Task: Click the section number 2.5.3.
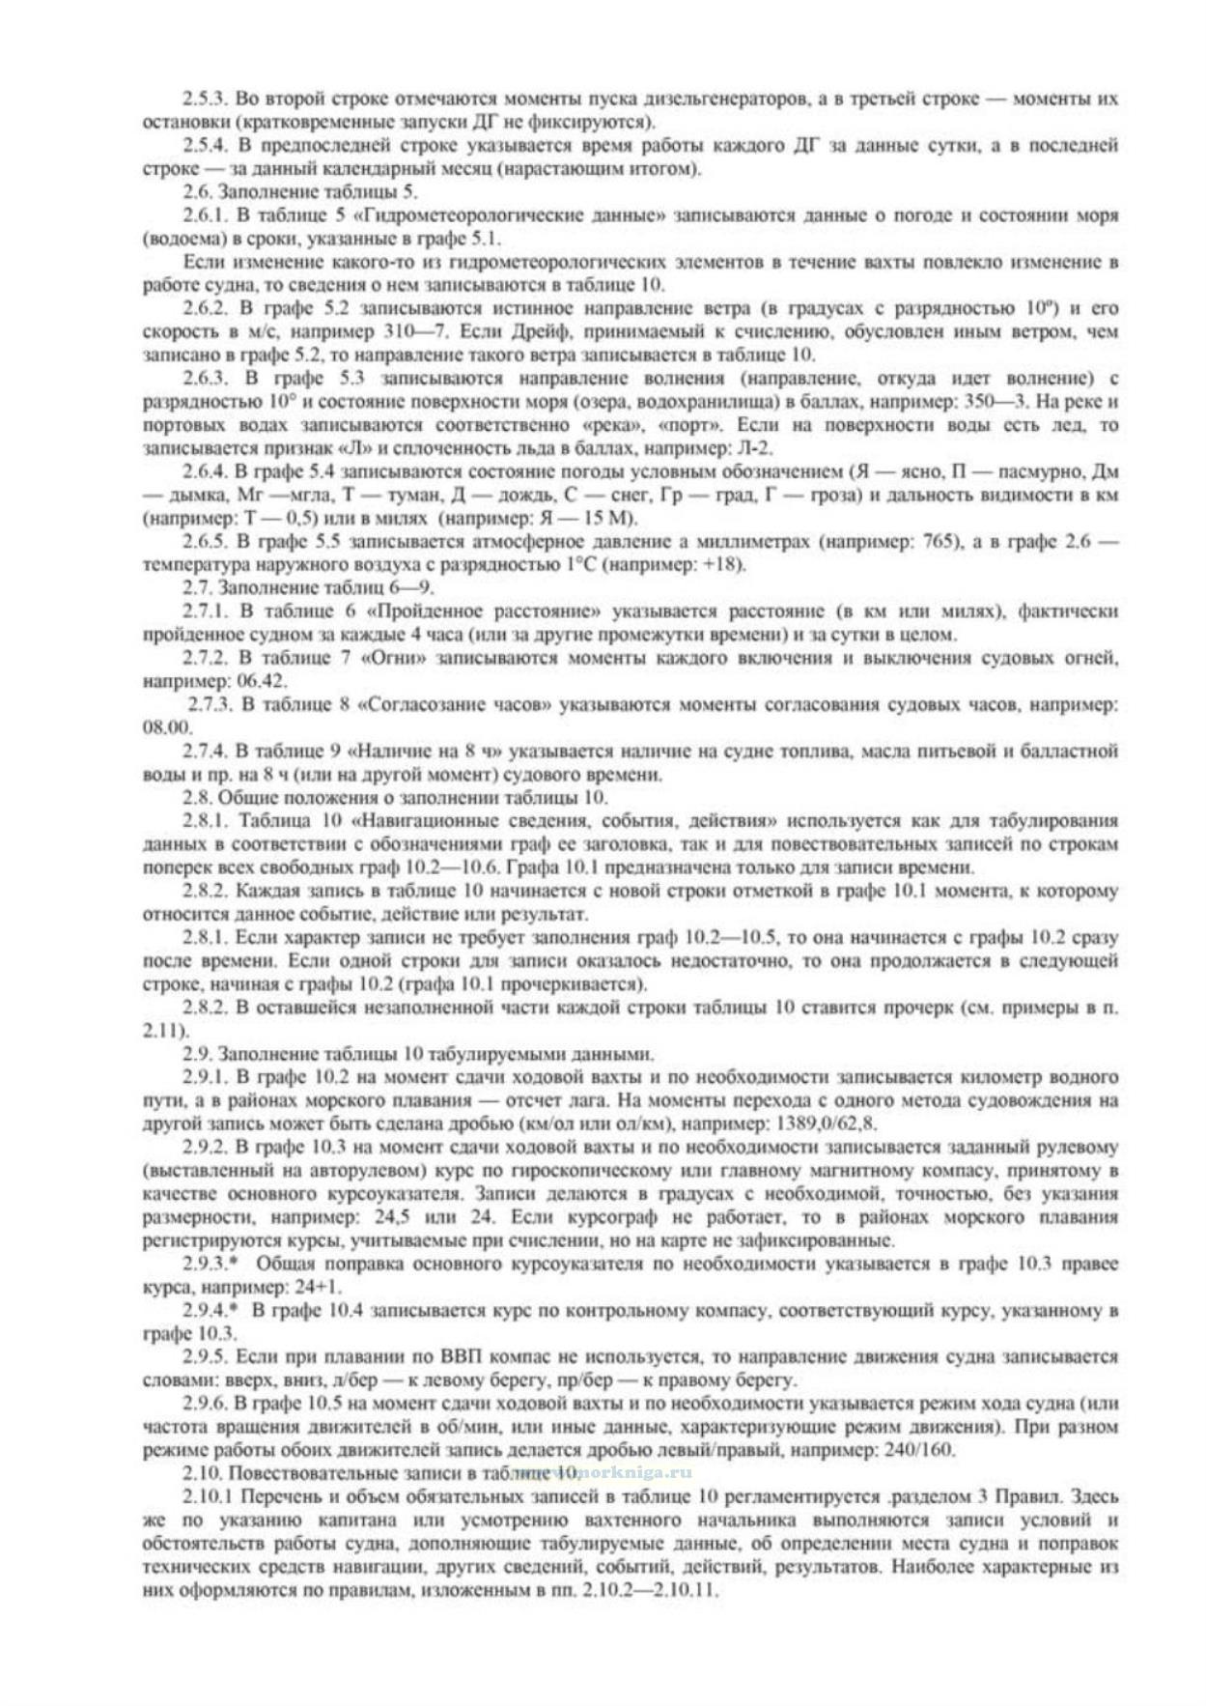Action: tap(205, 99)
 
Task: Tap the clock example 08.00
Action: tap(167, 727)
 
